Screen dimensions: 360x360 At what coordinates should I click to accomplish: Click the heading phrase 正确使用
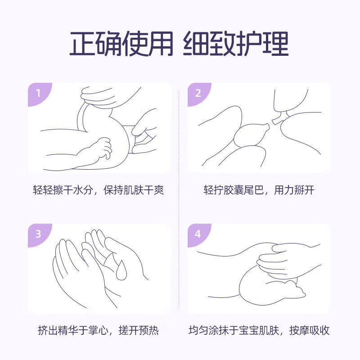pyautogui.click(x=121, y=44)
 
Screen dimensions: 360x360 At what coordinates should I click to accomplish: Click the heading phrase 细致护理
pyautogui.click(x=236, y=44)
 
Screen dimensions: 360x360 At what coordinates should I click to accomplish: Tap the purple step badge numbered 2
pyautogui.click(x=198, y=93)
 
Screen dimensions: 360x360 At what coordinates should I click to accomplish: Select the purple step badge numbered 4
pyautogui.click(x=198, y=234)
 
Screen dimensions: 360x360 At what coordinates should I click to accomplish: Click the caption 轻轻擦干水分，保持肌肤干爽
pyautogui.click(x=98, y=190)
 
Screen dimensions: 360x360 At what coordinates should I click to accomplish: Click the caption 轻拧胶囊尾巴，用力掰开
pyautogui.click(x=259, y=190)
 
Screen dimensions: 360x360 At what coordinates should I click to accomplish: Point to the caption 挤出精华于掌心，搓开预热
pyautogui.click(x=98, y=331)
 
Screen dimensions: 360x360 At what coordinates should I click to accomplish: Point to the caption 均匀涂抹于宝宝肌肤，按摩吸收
pyautogui.click(x=259, y=331)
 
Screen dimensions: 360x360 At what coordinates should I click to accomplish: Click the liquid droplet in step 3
pyautogui.click(x=121, y=270)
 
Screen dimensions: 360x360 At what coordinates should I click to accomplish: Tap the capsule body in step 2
pyautogui.click(x=251, y=134)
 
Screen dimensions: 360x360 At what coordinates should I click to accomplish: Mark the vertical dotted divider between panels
pyautogui.click(x=180, y=202)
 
